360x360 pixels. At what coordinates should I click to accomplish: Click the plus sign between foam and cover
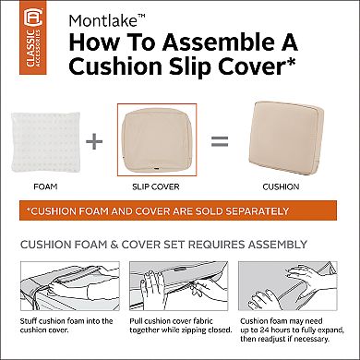click(x=91, y=142)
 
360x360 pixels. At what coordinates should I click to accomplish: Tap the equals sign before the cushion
click(x=218, y=142)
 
